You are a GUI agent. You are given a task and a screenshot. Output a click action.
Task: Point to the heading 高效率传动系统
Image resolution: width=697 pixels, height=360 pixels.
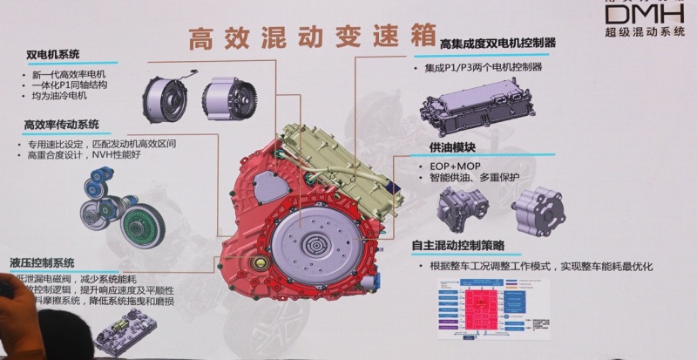click(x=62, y=126)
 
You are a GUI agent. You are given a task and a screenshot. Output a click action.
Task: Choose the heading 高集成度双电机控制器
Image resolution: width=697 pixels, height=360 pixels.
click(x=498, y=43)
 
